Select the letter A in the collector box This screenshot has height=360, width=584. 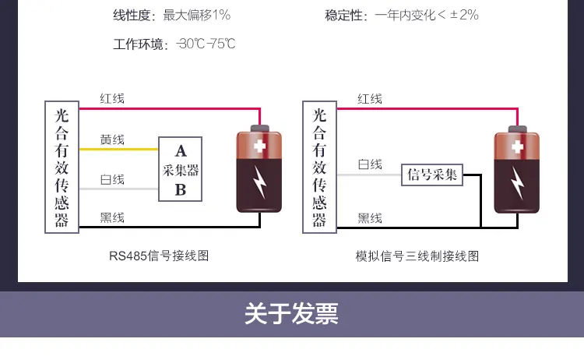point(181,151)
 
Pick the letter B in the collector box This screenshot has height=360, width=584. point(181,189)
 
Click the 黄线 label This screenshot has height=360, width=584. point(112,139)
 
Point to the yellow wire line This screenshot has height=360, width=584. point(119,149)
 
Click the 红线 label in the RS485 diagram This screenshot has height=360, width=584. point(112,99)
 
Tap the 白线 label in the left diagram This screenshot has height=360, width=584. point(112,179)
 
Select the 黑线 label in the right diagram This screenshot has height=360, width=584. point(370,218)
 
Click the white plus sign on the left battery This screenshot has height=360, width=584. point(259,146)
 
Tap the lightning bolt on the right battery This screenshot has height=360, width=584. point(517,182)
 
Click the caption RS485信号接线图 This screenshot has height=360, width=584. point(159,256)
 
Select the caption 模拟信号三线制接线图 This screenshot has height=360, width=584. point(417,256)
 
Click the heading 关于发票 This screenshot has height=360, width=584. point(292,313)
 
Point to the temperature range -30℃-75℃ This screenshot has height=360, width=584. point(206,44)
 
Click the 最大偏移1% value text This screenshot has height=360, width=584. point(197,15)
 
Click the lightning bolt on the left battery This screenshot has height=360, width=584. point(259,182)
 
